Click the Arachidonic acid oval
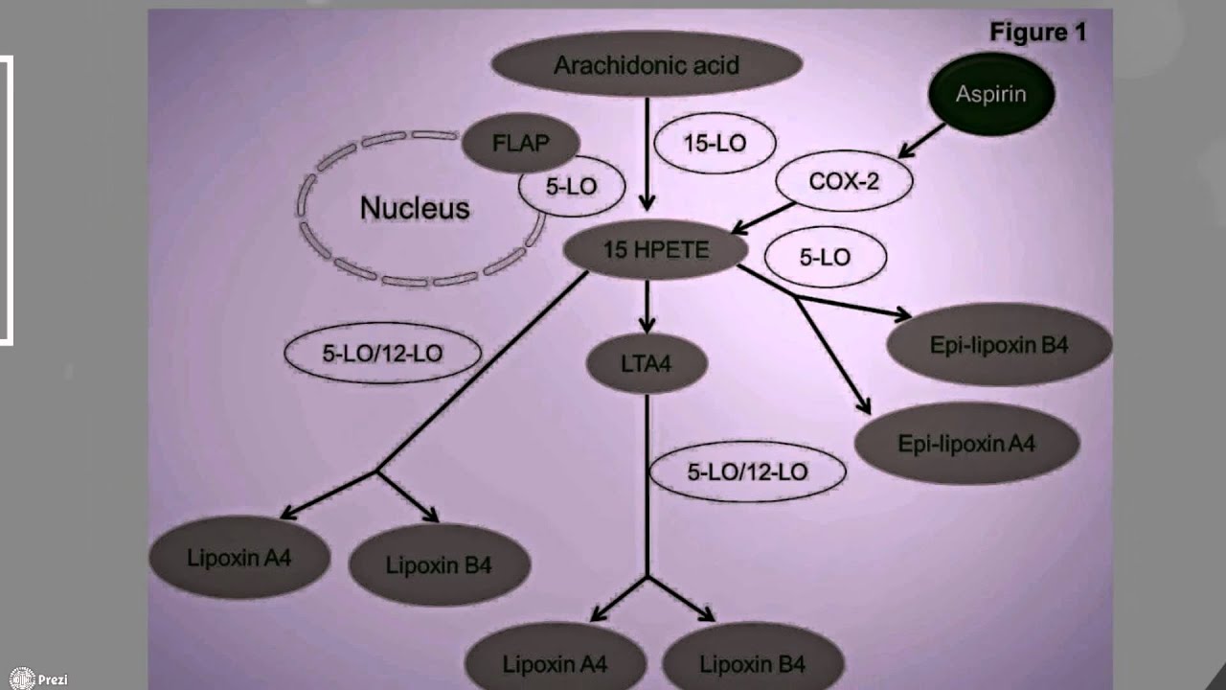point(647,66)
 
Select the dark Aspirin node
point(991,94)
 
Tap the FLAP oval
point(520,144)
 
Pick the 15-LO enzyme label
point(715,144)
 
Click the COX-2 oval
point(844,181)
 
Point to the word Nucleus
point(415,208)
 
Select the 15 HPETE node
point(655,250)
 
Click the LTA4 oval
point(647,364)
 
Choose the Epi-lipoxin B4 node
point(999,344)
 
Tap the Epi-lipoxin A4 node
point(966,443)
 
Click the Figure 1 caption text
point(1037,33)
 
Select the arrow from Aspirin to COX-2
point(921,140)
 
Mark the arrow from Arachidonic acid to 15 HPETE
point(647,153)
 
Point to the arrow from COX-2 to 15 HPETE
point(762,218)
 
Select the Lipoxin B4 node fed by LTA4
point(752,663)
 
